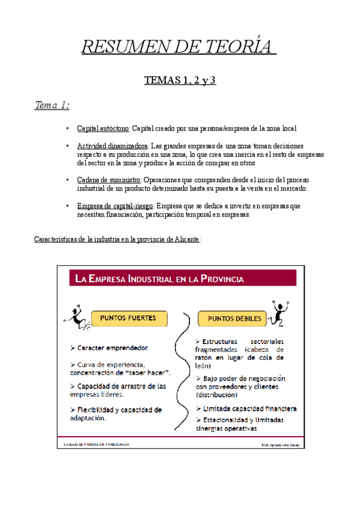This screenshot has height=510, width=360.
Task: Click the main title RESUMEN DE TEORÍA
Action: click(x=179, y=46)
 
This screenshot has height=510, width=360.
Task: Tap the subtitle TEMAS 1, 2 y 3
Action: click(x=180, y=81)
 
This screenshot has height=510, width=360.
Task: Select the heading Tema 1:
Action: click(x=52, y=106)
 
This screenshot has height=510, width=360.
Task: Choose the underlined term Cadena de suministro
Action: click(x=109, y=180)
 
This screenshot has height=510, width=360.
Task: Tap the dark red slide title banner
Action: click(x=178, y=278)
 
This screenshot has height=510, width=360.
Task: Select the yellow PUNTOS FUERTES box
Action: click(x=129, y=318)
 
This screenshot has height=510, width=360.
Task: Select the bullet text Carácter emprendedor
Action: click(x=113, y=348)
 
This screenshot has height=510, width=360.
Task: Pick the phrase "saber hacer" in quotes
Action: click(x=147, y=373)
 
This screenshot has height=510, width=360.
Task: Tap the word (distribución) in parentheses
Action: click(x=216, y=395)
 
